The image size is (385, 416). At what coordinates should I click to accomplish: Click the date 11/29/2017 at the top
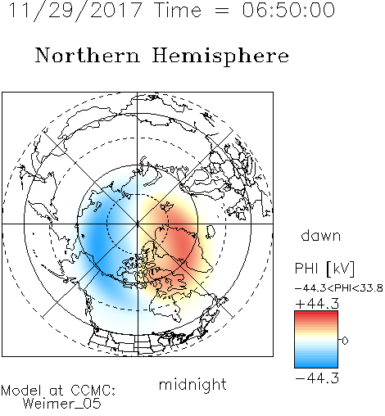pos(75,11)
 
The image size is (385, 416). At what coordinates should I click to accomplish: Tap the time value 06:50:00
pos(288,10)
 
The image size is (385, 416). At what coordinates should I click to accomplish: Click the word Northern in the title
pos(88,55)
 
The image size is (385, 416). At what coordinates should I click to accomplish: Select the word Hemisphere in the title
pos(220,57)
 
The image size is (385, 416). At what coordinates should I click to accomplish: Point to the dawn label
pos(321,235)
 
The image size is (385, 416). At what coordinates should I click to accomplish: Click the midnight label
pos(192,385)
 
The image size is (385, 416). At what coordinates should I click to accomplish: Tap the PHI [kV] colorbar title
pos(324,269)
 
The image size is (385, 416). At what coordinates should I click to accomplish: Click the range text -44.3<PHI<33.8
pos(339,288)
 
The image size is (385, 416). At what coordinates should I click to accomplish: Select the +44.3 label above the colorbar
pos(317,304)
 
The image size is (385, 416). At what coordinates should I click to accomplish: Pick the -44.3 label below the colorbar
pos(317,378)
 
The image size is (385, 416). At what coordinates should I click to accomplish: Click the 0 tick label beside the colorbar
pos(345,341)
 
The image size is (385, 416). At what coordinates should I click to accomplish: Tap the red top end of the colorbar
pos(316,313)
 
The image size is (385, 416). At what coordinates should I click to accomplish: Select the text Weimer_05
pos(62,404)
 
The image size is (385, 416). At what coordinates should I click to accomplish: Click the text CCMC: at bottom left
pos(93,391)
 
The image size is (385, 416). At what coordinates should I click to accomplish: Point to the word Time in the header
pos(178,11)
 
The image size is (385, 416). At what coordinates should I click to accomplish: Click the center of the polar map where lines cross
pos(138,224)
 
